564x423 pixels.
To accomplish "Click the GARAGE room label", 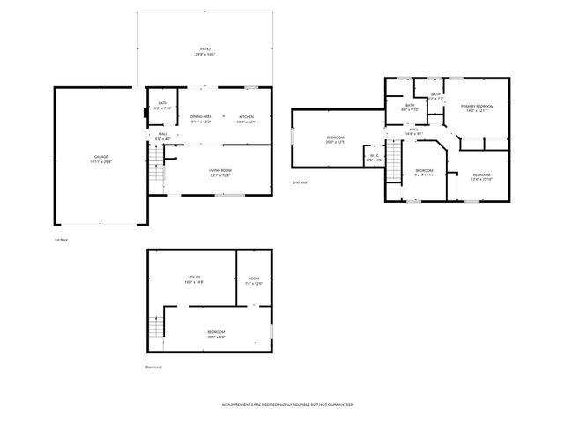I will (101, 159).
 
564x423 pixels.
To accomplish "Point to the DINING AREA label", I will (201, 119).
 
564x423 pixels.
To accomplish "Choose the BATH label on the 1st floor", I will (163, 104).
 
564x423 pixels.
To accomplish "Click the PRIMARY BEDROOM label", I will (478, 108).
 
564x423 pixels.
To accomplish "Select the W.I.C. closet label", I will (374, 158).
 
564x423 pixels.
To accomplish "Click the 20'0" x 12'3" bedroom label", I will (336, 139).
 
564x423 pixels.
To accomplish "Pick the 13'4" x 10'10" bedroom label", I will (481, 176).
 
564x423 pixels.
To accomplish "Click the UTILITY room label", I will (194, 279).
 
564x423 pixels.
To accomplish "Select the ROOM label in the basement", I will (254, 279).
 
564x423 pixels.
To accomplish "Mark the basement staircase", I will (157, 328).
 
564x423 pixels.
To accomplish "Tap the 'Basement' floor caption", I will (154, 367).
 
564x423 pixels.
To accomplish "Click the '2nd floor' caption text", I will (301, 182).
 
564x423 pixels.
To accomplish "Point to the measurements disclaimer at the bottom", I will (287, 404).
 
